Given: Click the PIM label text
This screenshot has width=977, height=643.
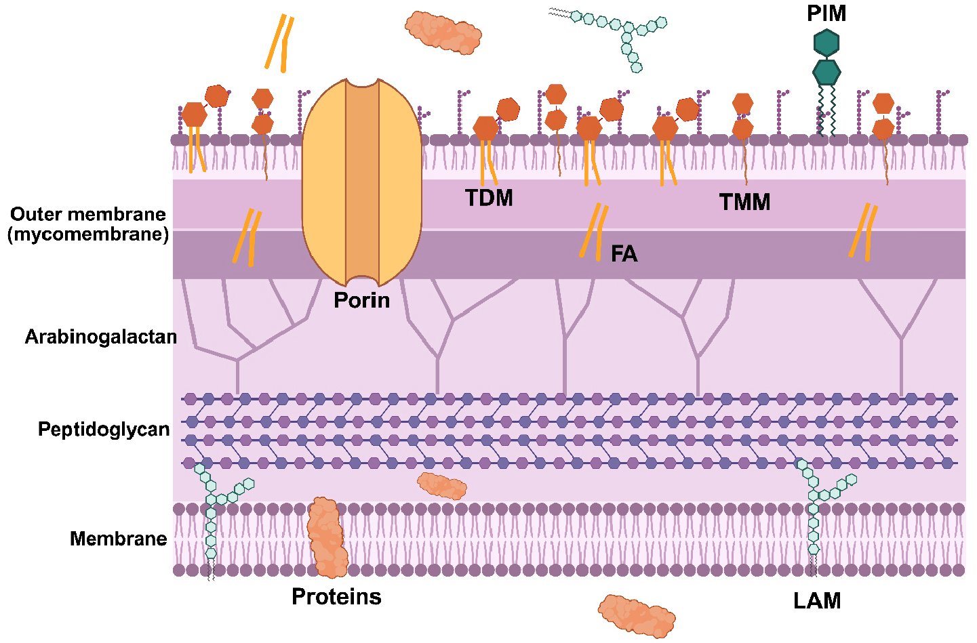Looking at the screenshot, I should click(x=826, y=14).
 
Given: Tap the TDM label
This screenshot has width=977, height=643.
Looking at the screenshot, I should click(x=489, y=198).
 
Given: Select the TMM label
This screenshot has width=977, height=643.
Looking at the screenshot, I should click(x=744, y=202).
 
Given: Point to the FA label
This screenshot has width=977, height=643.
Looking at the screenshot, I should click(x=624, y=254).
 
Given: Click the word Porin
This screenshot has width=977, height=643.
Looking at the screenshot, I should click(x=361, y=300).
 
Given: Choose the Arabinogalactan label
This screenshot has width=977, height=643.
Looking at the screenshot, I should click(x=100, y=337).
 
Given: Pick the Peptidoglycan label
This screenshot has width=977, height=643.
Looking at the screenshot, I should click(x=104, y=430).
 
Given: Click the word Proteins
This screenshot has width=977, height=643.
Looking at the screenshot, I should click(x=336, y=597).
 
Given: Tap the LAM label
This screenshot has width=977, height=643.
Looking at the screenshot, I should click(x=817, y=601).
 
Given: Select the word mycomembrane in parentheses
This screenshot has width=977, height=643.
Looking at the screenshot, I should click(x=88, y=234).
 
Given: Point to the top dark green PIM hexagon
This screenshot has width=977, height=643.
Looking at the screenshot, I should click(x=826, y=43).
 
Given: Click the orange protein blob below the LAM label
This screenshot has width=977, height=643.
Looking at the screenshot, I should click(x=636, y=616).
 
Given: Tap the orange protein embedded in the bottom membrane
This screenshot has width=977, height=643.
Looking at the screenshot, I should click(x=327, y=537).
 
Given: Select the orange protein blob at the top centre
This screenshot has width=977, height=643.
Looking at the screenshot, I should click(x=443, y=32).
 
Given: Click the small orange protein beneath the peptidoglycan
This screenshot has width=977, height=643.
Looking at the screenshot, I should click(x=441, y=486).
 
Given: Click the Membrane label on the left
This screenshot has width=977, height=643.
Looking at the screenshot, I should click(x=118, y=539).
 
